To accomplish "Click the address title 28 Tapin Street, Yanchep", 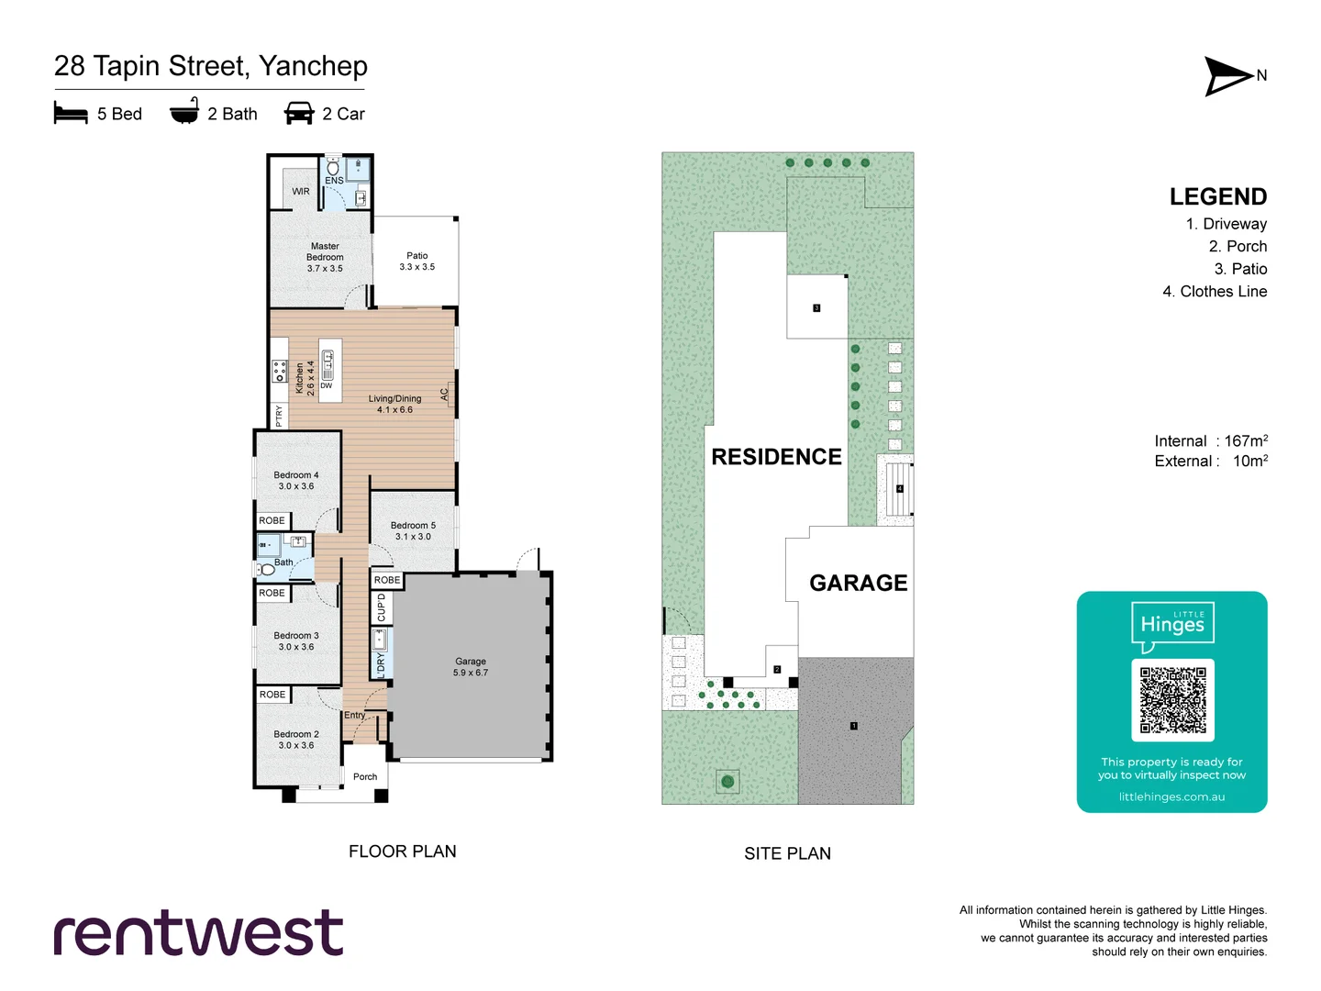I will coord(210,66).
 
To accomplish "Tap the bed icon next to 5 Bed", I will coord(71,114).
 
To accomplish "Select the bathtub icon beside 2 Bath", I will coord(184,111).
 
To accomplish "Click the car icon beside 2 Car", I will coord(299,114).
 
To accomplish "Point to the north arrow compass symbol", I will coord(1227,76).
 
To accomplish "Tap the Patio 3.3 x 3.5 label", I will coord(416,262).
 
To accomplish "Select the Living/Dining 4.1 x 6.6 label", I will coord(394,405).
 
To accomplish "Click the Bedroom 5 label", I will coord(413,530).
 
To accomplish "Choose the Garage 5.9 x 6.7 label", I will coord(470,667).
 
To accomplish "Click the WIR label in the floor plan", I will coord(301,192).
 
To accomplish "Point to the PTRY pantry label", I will coord(279,416).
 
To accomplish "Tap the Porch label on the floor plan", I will coord(365,777).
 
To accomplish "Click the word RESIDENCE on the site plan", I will coord(776,457).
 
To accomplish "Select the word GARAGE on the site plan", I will coord(858,583).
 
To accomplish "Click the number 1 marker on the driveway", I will coord(853,726).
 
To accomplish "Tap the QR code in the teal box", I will coord(1172,700).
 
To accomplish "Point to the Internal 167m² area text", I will coord(1210,441).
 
